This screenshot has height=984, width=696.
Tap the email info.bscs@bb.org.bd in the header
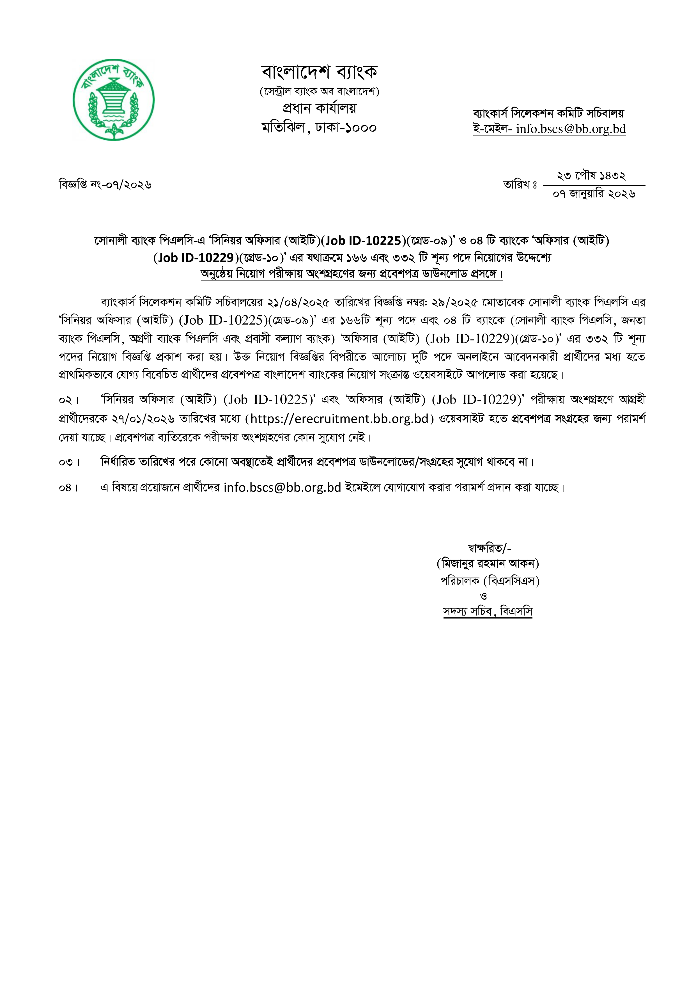pyautogui.click(x=571, y=129)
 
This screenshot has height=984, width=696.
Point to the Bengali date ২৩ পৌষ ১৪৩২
pyautogui.click(x=591, y=176)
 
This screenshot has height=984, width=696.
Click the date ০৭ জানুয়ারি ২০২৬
pyautogui.click(x=594, y=194)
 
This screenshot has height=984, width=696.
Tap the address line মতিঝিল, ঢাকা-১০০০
pyautogui.click(x=319, y=128)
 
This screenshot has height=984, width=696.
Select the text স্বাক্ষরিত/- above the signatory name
pyautogui.click(x=490, y=548)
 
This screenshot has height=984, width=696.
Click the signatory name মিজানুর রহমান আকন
pyautogui.click(x=488, y=564)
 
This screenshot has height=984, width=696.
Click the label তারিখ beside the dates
pyautogui.click(x=520, y=185)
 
